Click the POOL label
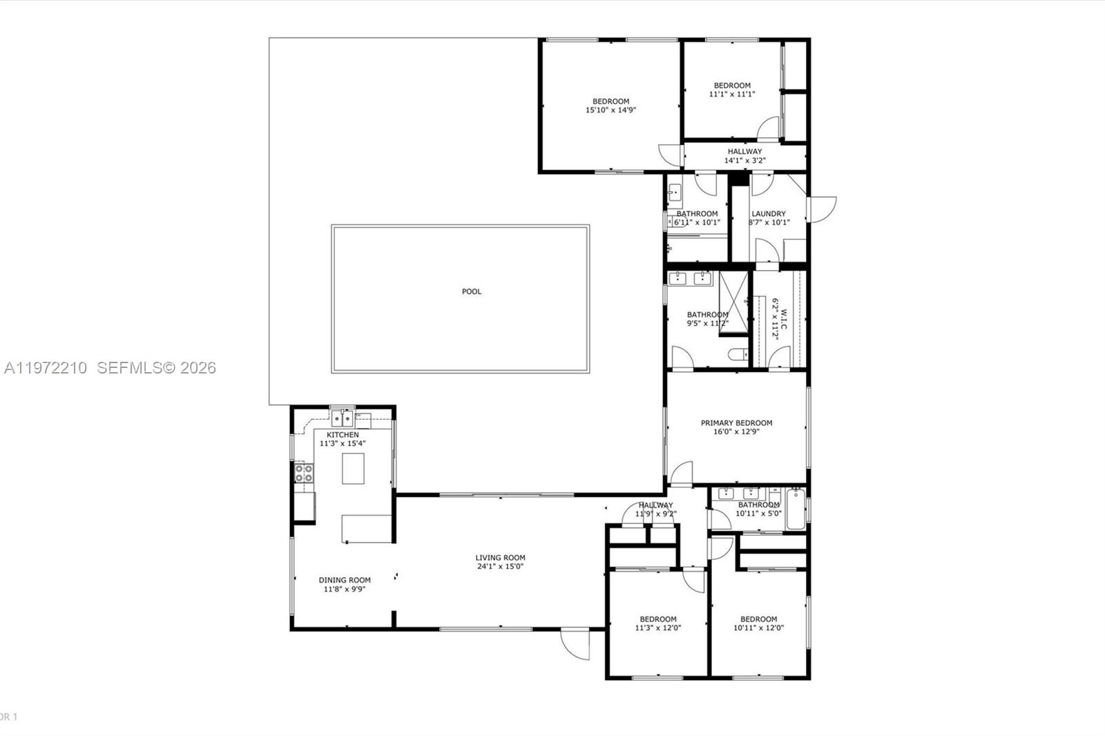point(472,291)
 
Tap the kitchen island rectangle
point(353,468)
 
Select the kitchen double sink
point(342,418)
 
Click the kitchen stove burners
point(304,473)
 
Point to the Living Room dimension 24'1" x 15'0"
point(500,567)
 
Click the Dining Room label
point(345,580)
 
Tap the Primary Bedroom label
point(736,423)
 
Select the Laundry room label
point(769,213)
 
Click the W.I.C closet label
point(776,318)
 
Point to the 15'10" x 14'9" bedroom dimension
point(611,110)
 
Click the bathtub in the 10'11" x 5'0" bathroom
point(795,509)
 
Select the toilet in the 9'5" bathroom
point(737,355)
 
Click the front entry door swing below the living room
point(575,643)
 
